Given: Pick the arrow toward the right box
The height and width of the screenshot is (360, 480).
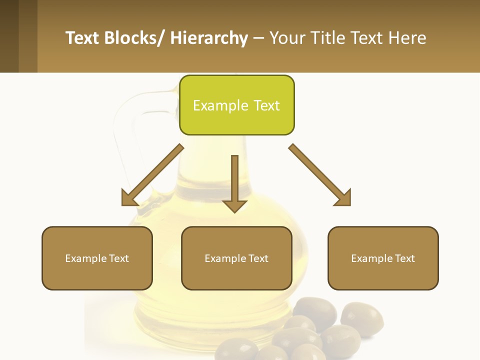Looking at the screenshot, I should [320, 175].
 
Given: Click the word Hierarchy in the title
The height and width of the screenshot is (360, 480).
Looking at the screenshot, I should [209, 38].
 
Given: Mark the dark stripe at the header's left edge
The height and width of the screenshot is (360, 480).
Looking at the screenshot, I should [9, 36].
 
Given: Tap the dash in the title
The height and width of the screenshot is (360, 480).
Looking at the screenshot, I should [258, 38].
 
